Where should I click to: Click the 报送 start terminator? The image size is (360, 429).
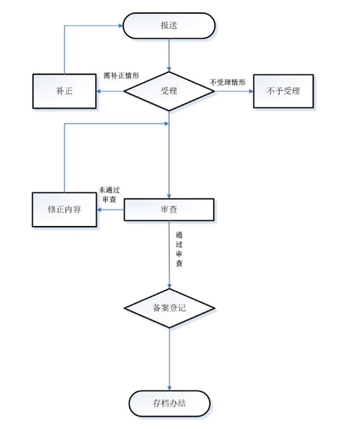click(x=169, y=26)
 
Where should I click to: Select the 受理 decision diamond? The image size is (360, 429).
click(x=169, y=91)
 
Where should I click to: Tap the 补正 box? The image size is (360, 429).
click(x=65, y=91)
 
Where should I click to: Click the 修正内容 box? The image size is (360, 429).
click(x=64, y=209)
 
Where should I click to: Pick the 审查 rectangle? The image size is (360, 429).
click(x=169, y=209)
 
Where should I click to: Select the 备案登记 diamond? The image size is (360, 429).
click(x=169, y=307)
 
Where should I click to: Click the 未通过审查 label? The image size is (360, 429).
click(x=109, y=194)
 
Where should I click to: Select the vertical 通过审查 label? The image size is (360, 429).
click(x=179, y=249)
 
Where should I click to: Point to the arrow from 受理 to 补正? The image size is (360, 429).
click(x=111, y=91)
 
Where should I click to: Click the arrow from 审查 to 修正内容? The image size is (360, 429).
click(x=111, y=209)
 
